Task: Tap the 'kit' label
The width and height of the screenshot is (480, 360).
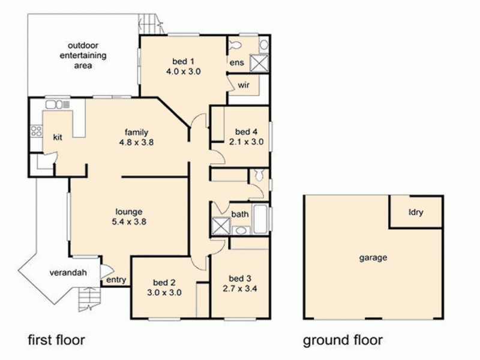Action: (58, 137)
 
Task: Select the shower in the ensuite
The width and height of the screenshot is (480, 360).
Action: (259, 62)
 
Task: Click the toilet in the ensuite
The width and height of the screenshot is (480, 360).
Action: (236, 45)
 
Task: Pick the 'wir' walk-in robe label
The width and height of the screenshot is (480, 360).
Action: (243, 85)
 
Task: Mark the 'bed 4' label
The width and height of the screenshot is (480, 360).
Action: (246, 132)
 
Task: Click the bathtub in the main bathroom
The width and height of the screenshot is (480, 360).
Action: (261, 219)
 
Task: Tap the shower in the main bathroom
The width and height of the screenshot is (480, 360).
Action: (221, 226)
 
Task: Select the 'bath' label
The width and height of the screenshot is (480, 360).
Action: (240, 214)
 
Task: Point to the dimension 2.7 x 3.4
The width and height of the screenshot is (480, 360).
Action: (241, 288)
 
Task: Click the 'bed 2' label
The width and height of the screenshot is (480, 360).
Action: (164, 283)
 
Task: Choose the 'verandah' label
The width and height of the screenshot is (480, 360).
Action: (68, 273)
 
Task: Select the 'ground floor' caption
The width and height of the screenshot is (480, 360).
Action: (342, 341)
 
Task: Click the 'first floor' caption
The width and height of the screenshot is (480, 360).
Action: (56, 340)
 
